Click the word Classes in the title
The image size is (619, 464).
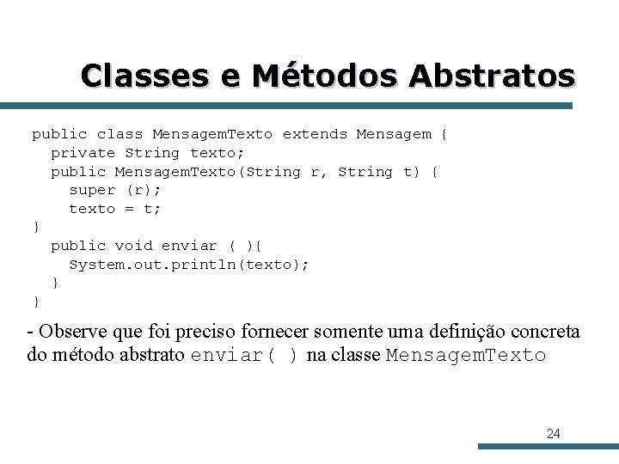pos(146,76)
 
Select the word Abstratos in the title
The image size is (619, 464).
pos(491,76)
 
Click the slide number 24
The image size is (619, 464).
pos(553,434)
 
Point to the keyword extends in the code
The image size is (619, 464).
pos(315,134)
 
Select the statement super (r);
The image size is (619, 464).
pos(114,190)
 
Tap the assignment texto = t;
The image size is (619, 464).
pos(114,209)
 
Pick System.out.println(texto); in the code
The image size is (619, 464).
pos(188,265)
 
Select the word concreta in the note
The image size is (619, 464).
pos(546,332)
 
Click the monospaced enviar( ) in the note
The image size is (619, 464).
pos(244,356)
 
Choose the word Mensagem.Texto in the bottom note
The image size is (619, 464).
pos(466,356)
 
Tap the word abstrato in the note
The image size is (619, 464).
pos(152,356)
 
